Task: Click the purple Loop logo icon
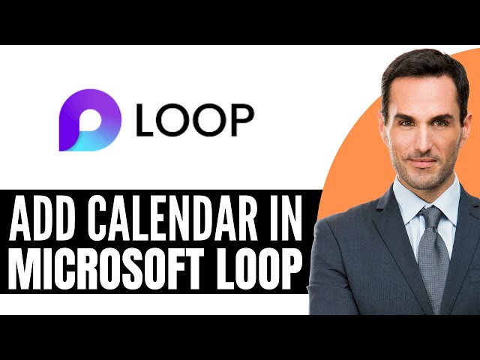tap(89, 119)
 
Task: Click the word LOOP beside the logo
tap(195, 120)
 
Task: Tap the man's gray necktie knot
tap(431, 217)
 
